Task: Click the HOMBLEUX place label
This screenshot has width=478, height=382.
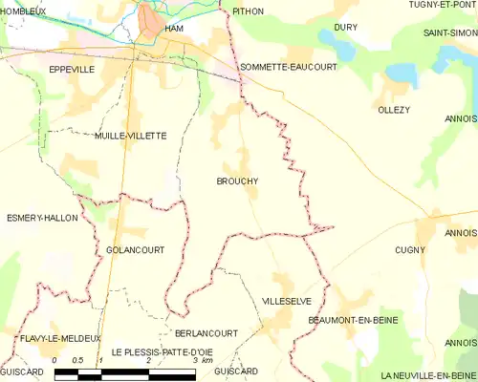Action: pyautogui.click(x=23, y=11)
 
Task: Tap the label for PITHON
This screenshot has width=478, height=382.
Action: pyautogui.click(x=248, y=11)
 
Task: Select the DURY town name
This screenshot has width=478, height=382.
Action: pyautogui.click(x=346, y=28)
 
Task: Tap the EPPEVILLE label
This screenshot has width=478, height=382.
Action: pyautogui.click(x=73, y=70)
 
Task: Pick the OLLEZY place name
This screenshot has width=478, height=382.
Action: pyautogui.click(x=394, y=110)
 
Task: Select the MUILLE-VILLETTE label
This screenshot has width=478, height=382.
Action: pyautogui.click(x=131, y=136)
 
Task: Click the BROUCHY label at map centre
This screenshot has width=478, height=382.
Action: pyautogui.click(x=237, y=180)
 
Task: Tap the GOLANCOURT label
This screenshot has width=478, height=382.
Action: pyautogui.click(x=130, y=249)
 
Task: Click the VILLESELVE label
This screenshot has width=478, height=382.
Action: pyautogui.click(x=287, y=300)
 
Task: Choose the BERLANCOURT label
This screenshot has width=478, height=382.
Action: pyautogui.click(x=206, y=332)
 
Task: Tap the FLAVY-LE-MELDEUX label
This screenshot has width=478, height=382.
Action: pyautogui.click(x=59, y=338)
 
